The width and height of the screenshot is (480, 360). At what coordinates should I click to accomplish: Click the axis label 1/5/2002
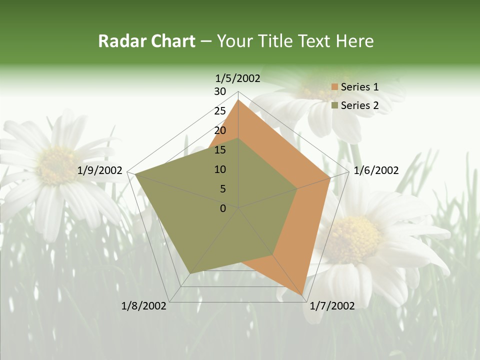click(x=237, y=78)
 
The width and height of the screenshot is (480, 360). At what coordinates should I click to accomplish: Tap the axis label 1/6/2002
click(x=376, y=170)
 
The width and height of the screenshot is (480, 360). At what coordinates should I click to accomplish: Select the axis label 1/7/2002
click(x=332, y=306)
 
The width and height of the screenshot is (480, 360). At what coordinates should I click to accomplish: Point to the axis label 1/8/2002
click(x=144, y=306)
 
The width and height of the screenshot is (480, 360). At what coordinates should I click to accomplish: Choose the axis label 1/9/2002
click(x=100, y=170)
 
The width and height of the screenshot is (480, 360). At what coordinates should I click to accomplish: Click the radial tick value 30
click(x=220, y=91)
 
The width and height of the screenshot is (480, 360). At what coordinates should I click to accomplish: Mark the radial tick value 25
click(x=220, y=111)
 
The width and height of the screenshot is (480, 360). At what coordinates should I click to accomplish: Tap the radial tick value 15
click(x=220, y=150)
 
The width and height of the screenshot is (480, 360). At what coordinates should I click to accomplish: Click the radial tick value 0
click(x=223, y=208)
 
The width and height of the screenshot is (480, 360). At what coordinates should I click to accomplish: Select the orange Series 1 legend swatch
click(x=334, y=87)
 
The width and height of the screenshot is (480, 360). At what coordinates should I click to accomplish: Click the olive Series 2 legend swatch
click(x=334, y=105)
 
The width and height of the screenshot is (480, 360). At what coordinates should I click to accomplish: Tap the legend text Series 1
click(x=359, y=87)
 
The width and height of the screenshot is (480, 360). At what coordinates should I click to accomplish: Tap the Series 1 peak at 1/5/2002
click(x=238, y=99)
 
